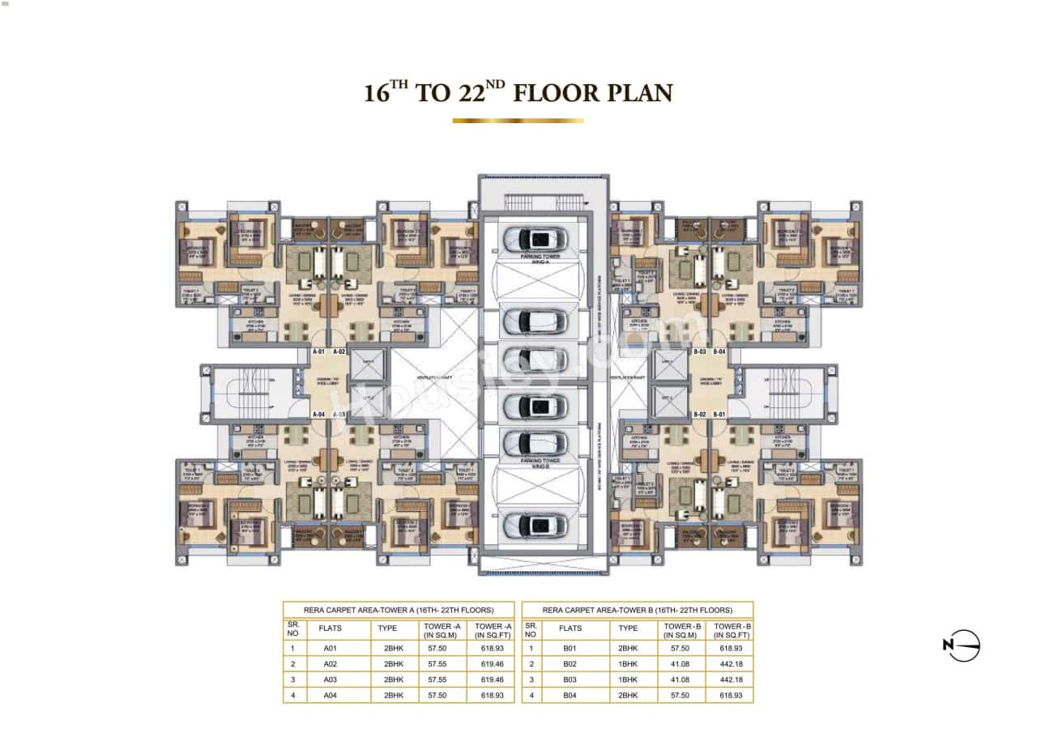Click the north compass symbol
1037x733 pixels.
tap(962, 646)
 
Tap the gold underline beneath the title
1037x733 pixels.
tap(518, 121)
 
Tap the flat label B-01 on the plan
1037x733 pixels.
tap(720, 414)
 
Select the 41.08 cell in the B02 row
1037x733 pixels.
tap(681, 664)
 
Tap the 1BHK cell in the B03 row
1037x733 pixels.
tap(628, 680)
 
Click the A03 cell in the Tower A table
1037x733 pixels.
tap(330, 680)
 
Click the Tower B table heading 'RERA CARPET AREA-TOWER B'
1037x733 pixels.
tap(637, 610)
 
